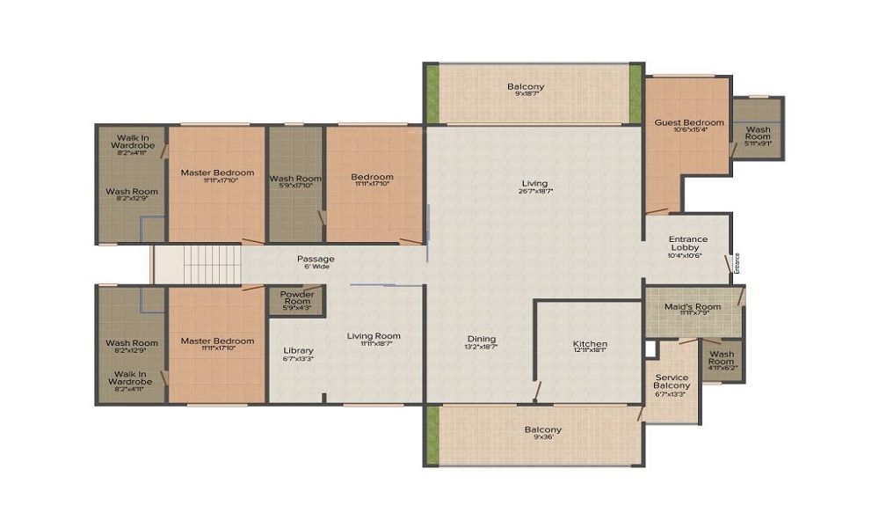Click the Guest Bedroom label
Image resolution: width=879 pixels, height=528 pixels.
(689, 122)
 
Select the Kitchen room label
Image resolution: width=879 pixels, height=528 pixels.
(590, 343)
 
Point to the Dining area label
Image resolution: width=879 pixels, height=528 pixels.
(482, 339)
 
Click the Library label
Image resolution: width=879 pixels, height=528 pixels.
(298, 351)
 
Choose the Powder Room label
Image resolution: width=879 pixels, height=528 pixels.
(297, 297)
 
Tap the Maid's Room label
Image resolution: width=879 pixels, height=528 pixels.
(694, 306)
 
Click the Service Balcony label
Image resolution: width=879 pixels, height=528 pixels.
(672, 382)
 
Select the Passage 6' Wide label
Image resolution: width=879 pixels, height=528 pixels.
(315, 259)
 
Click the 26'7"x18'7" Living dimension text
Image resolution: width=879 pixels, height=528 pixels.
(535, 191)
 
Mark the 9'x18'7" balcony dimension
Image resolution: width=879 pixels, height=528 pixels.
(526, 95)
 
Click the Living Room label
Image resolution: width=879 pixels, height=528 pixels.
(374, 335)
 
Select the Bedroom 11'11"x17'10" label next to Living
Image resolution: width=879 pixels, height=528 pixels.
(371, 177)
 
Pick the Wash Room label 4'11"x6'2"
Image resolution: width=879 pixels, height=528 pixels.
(721, 358)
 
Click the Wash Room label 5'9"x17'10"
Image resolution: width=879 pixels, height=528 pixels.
(295, 179)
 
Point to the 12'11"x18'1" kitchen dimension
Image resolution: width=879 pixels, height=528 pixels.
(590, 350)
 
